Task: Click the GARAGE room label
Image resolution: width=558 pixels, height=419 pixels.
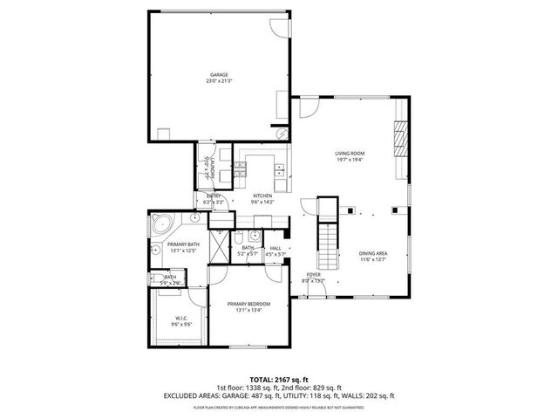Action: pyautogui.click(x=218, y=75)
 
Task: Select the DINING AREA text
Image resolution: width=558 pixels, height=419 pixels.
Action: pyautogui.click(x=373, y=254)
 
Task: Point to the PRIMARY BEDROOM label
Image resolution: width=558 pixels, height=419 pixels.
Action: pyautogui.click(x=248, y=304)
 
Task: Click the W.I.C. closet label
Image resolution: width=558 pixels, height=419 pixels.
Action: pyautogui.click(x=181, y=317)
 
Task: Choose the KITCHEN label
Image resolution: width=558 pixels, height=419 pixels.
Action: pyautogui.click(x=263, y=196)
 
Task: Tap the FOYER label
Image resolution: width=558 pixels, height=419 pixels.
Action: pyautogui.click(x=312, y=275)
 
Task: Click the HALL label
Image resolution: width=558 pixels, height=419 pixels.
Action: pyautogui.click(x=276, y=248)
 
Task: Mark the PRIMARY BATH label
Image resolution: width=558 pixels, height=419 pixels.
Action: pyautogui.click(x=183, y=244)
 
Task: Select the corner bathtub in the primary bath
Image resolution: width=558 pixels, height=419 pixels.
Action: pyautogui.click(x=160, y=223)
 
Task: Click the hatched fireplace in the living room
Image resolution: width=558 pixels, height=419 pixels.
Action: pyautogui.click(x=401, y=137)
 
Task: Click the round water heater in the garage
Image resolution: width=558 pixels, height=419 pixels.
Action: pyautogui.click(x=281, y=134)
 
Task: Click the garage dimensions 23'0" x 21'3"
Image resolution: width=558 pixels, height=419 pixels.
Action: pyautogui.click(x=218, y=81)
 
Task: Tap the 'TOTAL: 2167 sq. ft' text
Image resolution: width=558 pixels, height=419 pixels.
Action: pyautogui.click(x=279, y=379)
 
